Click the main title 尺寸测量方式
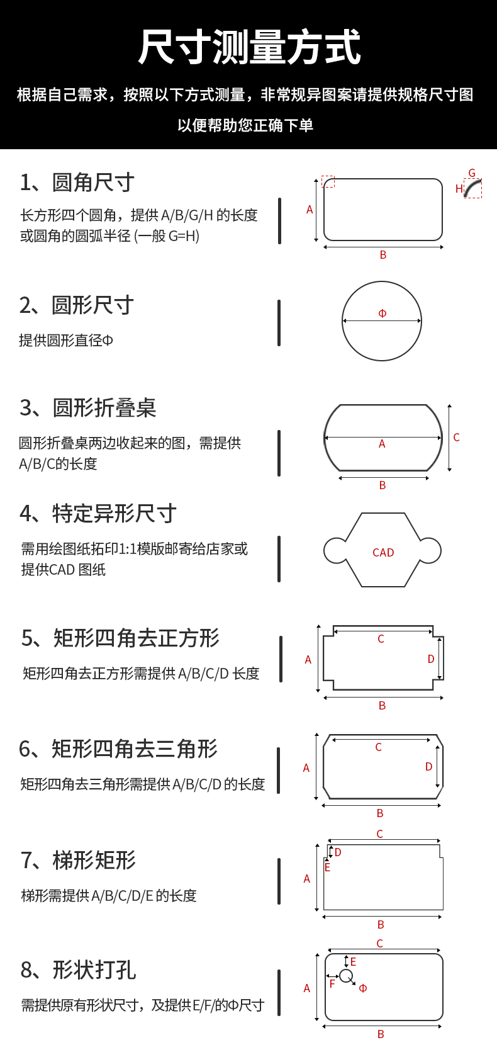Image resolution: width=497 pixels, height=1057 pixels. click(249, 48)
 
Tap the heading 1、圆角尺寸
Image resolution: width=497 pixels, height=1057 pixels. click(77, 183)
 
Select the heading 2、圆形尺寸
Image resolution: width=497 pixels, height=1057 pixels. click(76, 305)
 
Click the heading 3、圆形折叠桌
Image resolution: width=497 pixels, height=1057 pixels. click(87, 408)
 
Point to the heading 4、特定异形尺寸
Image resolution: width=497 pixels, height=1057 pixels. click(98, 514)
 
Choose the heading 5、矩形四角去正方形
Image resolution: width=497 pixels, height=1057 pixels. click(120, 638)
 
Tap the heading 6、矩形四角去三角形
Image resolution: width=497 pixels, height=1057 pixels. click(118, 749)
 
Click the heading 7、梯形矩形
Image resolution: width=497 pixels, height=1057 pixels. click(78, 860)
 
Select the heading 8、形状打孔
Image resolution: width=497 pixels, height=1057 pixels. click(78, 970)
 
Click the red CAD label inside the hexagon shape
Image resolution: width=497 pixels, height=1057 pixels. click(383, 553)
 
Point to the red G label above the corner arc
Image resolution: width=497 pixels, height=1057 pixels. click(472, 173)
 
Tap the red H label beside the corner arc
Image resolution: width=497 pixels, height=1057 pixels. click(459, 189)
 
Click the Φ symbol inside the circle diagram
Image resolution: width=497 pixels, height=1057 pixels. click(382, 314)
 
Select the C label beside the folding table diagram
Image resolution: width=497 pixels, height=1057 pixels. click(456, 438)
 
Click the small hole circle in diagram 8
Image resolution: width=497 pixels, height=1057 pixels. click(346, 976)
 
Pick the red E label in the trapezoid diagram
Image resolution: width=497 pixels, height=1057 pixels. click(327, 868)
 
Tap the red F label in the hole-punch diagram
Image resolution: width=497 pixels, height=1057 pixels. click(332, 984)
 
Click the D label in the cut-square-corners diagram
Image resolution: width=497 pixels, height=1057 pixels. click(431, 659)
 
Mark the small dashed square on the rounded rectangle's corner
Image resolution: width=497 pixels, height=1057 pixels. click(328, 181)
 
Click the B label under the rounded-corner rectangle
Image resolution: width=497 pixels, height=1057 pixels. click(383, 255)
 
